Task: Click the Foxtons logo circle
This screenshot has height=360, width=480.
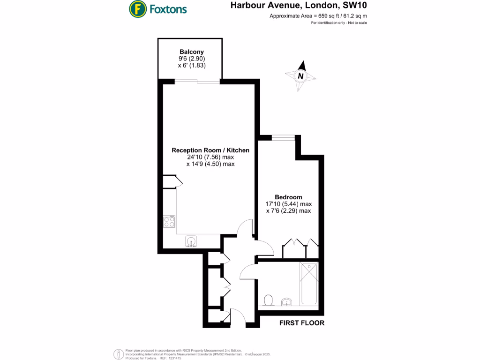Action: click(x=136, y=8)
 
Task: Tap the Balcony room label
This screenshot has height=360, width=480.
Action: click(x=192, y=52)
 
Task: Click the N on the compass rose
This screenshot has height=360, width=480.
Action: click(x=300, y=75)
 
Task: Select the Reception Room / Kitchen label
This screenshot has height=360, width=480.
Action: click(x=210, y=150)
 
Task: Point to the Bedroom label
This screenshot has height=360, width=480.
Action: click(x=288, y=197)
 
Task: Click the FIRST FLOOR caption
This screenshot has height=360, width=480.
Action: click(x=302, y=323)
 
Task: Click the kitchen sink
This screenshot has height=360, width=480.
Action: click(x=191, y=240)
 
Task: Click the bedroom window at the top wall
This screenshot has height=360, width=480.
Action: click(x=283, y=137)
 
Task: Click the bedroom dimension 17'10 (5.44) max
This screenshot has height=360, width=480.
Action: click(x=288, y=204)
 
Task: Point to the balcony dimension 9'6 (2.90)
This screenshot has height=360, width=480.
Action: click(x=192, y=59)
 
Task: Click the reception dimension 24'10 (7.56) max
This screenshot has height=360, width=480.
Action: click(x=210, y=157)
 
